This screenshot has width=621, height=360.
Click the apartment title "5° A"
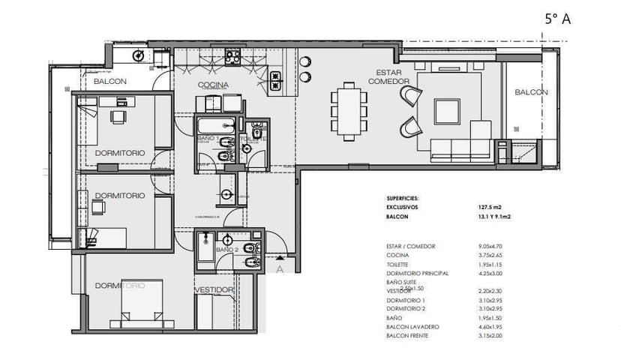point(557,19)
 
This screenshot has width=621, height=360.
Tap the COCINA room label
point(213,85)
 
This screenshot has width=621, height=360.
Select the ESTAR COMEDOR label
point(388,76)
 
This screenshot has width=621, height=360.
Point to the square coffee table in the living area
point(447,112)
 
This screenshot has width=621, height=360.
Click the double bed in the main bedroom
point(136,304)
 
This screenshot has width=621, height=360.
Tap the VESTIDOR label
point(214,289)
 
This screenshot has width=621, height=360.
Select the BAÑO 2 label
point(226,249)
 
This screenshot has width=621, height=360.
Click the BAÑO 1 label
point(208,139)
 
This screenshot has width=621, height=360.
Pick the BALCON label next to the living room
point(531,92)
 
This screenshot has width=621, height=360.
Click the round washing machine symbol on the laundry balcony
point(139,55)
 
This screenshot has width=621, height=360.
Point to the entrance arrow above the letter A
point(280,257)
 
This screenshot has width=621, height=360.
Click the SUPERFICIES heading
point(408,198)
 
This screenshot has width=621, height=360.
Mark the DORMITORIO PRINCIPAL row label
point(417,274)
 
